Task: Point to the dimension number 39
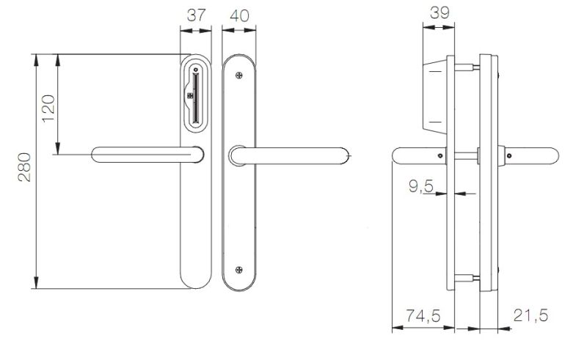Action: click(x=439, y=12)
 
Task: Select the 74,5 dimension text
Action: click(x=423, y=316)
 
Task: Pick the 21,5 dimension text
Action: click(x=530, y=316)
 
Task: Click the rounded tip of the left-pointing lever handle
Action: click(x=97, y=154)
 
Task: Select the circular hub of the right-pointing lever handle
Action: click(x=236, y=155)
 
